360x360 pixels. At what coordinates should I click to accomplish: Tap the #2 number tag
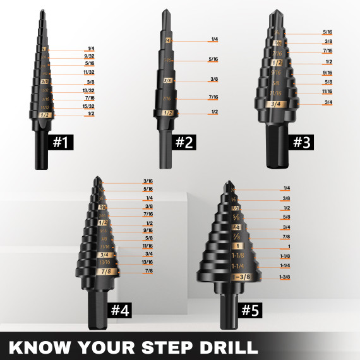coord(183,142)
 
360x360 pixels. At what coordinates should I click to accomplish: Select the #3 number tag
coord(302,142)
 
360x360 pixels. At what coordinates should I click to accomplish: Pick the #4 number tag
coord(120,310)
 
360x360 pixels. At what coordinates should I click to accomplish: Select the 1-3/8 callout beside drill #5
coord(284,277)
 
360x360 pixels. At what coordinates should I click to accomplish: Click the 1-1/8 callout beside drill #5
coord(284,256)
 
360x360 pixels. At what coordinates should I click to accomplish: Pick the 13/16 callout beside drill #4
coord(148,261)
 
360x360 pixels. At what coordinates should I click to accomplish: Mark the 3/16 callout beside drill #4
coord(148,181)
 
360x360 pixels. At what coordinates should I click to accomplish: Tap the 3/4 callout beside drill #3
coord(327,102)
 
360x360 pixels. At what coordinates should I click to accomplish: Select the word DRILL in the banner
coord(225,347)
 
